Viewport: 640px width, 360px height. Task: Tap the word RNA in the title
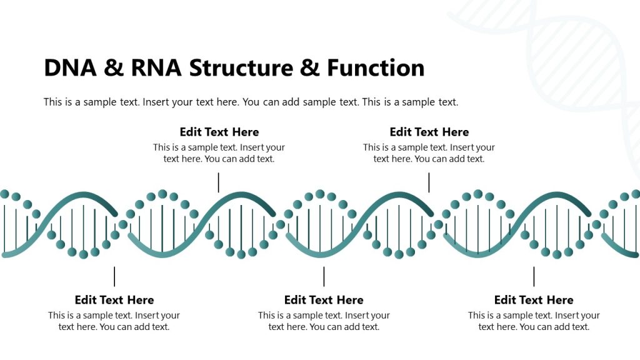pyautogui.click(x=156, y=67)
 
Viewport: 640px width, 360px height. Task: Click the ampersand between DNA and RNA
pyautogui.click(x=113, y=67)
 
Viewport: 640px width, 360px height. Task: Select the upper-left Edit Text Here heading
pyautogui.click(x=219, y=132)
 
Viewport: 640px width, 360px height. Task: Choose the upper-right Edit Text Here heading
pyautogui.click(x=429, y=132)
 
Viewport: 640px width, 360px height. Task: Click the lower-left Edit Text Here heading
pyautogui.click(x=114, y=300)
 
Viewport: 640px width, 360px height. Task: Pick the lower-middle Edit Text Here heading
pyautogui.click(x=324, y=300)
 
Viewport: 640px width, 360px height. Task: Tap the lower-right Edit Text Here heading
pyautogui.click(x=534, y=300)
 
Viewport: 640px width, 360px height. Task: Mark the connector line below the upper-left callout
pyautogui.click(x=219, y=182)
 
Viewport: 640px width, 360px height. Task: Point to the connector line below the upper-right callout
pyautogui.click(x=429, y=182)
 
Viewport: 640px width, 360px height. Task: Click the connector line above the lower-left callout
pyautogui.click(x=114, y=276)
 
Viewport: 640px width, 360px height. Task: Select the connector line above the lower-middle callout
pyautogui.click(x=324, y=276)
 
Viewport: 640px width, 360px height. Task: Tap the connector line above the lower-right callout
pyautogui.click(x=534, y=276)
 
